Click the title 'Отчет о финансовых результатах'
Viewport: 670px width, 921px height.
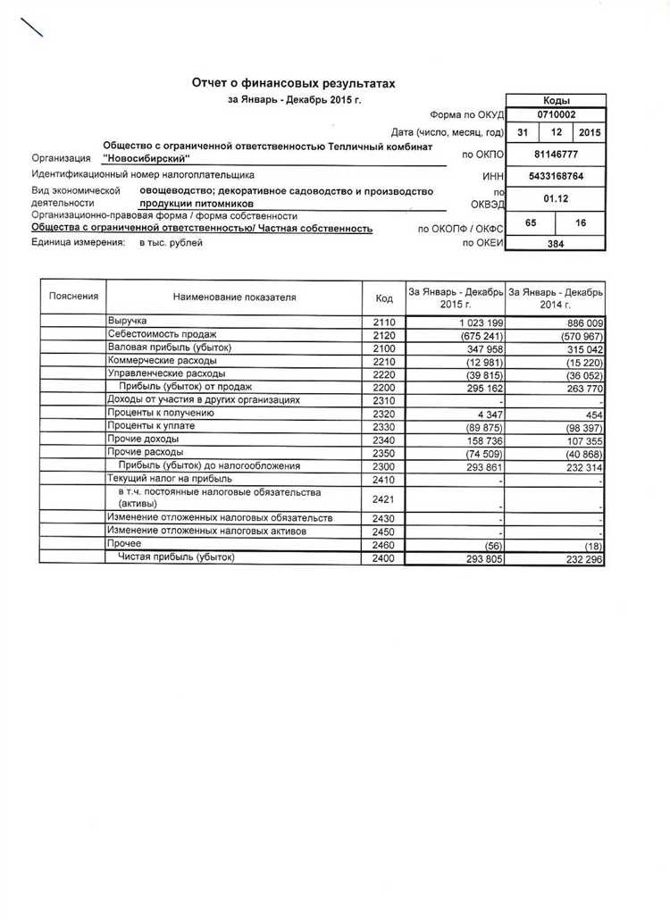coord(293,83)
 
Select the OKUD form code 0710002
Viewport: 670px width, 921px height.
coord(556,114)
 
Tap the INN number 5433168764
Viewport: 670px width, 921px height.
coord(556,176)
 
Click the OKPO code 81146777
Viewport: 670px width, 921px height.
coord(556,155)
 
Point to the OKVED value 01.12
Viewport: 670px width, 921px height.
coord(556,198)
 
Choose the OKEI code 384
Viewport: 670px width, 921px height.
coord(556,243)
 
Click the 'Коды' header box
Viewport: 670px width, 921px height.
coord(556,101)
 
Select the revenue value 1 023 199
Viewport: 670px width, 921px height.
coord(481,322)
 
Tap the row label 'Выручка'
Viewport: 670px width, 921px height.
coord(127,320)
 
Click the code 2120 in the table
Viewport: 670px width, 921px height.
coord(383,336)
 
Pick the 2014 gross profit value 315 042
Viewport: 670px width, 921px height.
coord(582,349)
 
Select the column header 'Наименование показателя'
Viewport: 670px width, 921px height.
coord(234,297)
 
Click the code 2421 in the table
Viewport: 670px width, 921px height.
coord(383,498)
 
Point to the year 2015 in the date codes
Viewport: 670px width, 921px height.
coord(589,133)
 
